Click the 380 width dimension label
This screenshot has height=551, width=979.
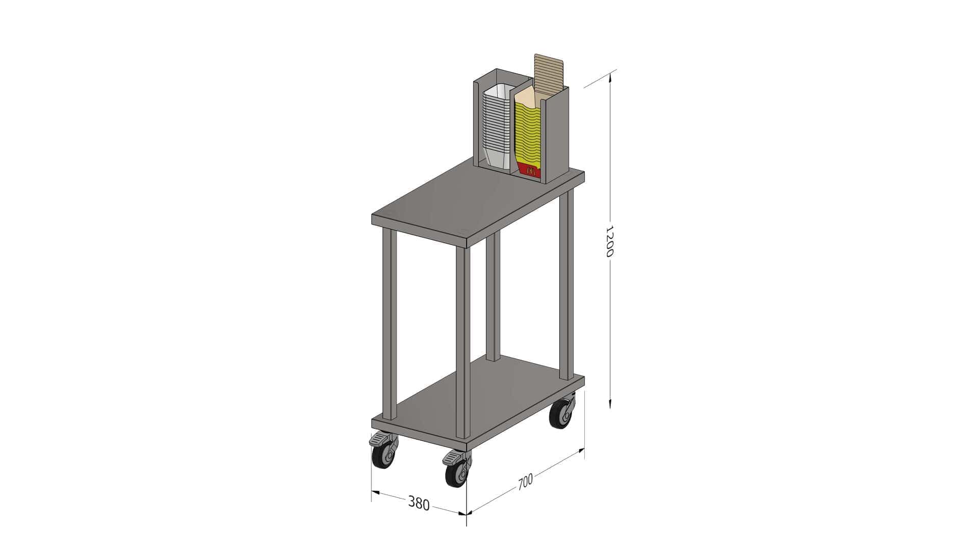click(419, 504)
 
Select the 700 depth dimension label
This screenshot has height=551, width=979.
click(525, 482)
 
